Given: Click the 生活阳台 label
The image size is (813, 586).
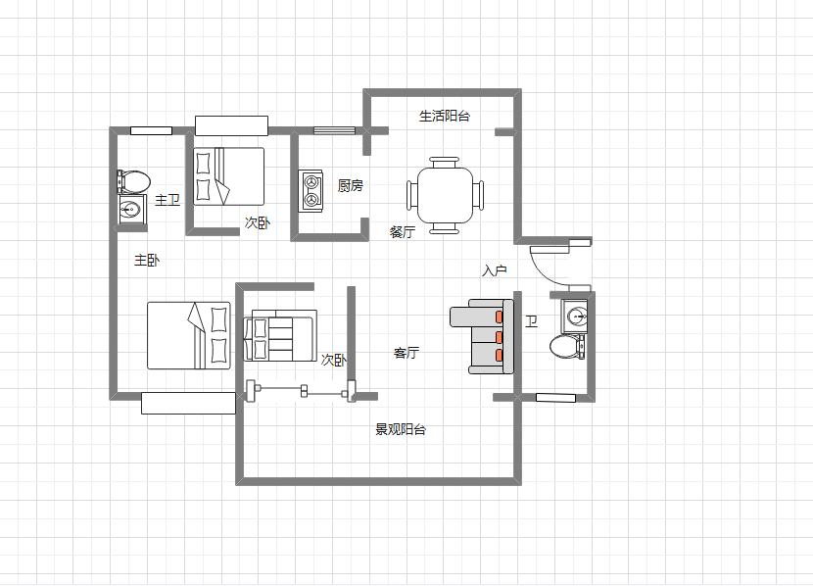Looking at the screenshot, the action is pyautogui.click(x=445, y=116).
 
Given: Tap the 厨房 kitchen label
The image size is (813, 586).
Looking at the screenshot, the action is pyautogui.click(x=350, y=185).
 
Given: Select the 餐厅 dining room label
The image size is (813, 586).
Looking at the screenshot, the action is pyautogui.click(x=403, y=232).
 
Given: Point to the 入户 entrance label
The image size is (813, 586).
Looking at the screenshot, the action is pyautogui.click(x=494, y=270).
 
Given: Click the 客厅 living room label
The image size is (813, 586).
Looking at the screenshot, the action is pyautogui.click(x=406, y=353).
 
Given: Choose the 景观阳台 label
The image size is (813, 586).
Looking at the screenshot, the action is pyautogui.click(x=401, y=429).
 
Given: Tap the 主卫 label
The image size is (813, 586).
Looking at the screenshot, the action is pyautogui.click(x=167, y=200).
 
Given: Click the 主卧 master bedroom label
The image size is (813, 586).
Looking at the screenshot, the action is pyautogui.click(x=147, y=260).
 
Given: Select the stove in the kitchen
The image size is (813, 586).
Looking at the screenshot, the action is pyautogui.click(x=311, y=191).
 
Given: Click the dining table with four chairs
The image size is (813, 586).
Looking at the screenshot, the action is pyautogui.click(x=445, y=196).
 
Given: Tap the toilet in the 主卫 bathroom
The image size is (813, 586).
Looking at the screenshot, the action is pyautogui.click(x=134, y=181).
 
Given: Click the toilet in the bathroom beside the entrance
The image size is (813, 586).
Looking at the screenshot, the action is pyautogui.click(x=567, y=347).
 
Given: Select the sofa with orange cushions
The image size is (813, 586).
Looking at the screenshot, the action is pyautogui.click(x=482, y=336).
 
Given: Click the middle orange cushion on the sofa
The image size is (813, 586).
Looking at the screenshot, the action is pyautogui.click(x=499, y=337).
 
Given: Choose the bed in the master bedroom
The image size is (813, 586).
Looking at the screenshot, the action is pyautogui.click(x=189, y=335).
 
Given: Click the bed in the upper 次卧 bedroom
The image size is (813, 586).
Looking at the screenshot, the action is pyautogui.click(x=228, y=176).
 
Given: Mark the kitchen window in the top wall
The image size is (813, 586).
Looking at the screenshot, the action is pyautogui.click(x=334, y=130).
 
